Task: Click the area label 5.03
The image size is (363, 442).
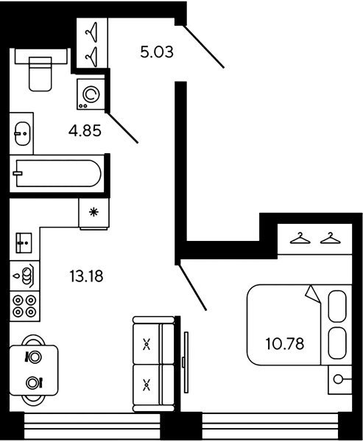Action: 157,52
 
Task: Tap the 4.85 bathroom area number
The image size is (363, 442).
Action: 85,131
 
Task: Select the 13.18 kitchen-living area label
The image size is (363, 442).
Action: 86,276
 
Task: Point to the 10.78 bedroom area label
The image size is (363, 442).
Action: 285,344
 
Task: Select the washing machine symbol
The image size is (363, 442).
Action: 91,94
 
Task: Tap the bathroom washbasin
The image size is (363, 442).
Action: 22,133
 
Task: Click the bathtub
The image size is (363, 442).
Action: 57,173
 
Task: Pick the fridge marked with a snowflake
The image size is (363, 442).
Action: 94,213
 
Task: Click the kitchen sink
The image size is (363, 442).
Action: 24,242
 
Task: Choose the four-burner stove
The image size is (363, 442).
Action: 24,306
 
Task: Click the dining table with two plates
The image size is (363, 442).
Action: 34,370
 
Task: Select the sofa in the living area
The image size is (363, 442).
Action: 154,364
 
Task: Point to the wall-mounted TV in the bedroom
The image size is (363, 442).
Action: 186,362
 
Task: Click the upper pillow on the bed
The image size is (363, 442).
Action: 337,306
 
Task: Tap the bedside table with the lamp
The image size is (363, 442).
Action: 340,379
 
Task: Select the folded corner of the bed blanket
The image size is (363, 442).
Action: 313,294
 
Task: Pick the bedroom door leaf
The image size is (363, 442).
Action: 193,287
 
